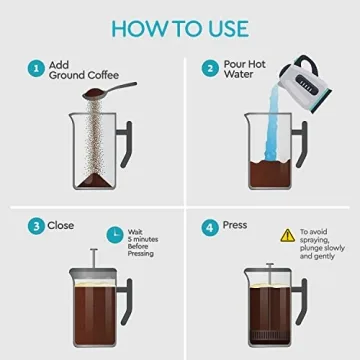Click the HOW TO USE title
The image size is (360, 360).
180,25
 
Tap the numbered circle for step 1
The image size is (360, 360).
36,69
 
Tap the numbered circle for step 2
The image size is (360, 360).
211,69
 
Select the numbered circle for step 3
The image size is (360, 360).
36,226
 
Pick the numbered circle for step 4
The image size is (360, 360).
211,226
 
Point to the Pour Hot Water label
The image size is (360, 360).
245,70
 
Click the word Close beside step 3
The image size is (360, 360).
63,226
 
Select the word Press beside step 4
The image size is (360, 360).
237,226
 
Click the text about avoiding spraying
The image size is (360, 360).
319,245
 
